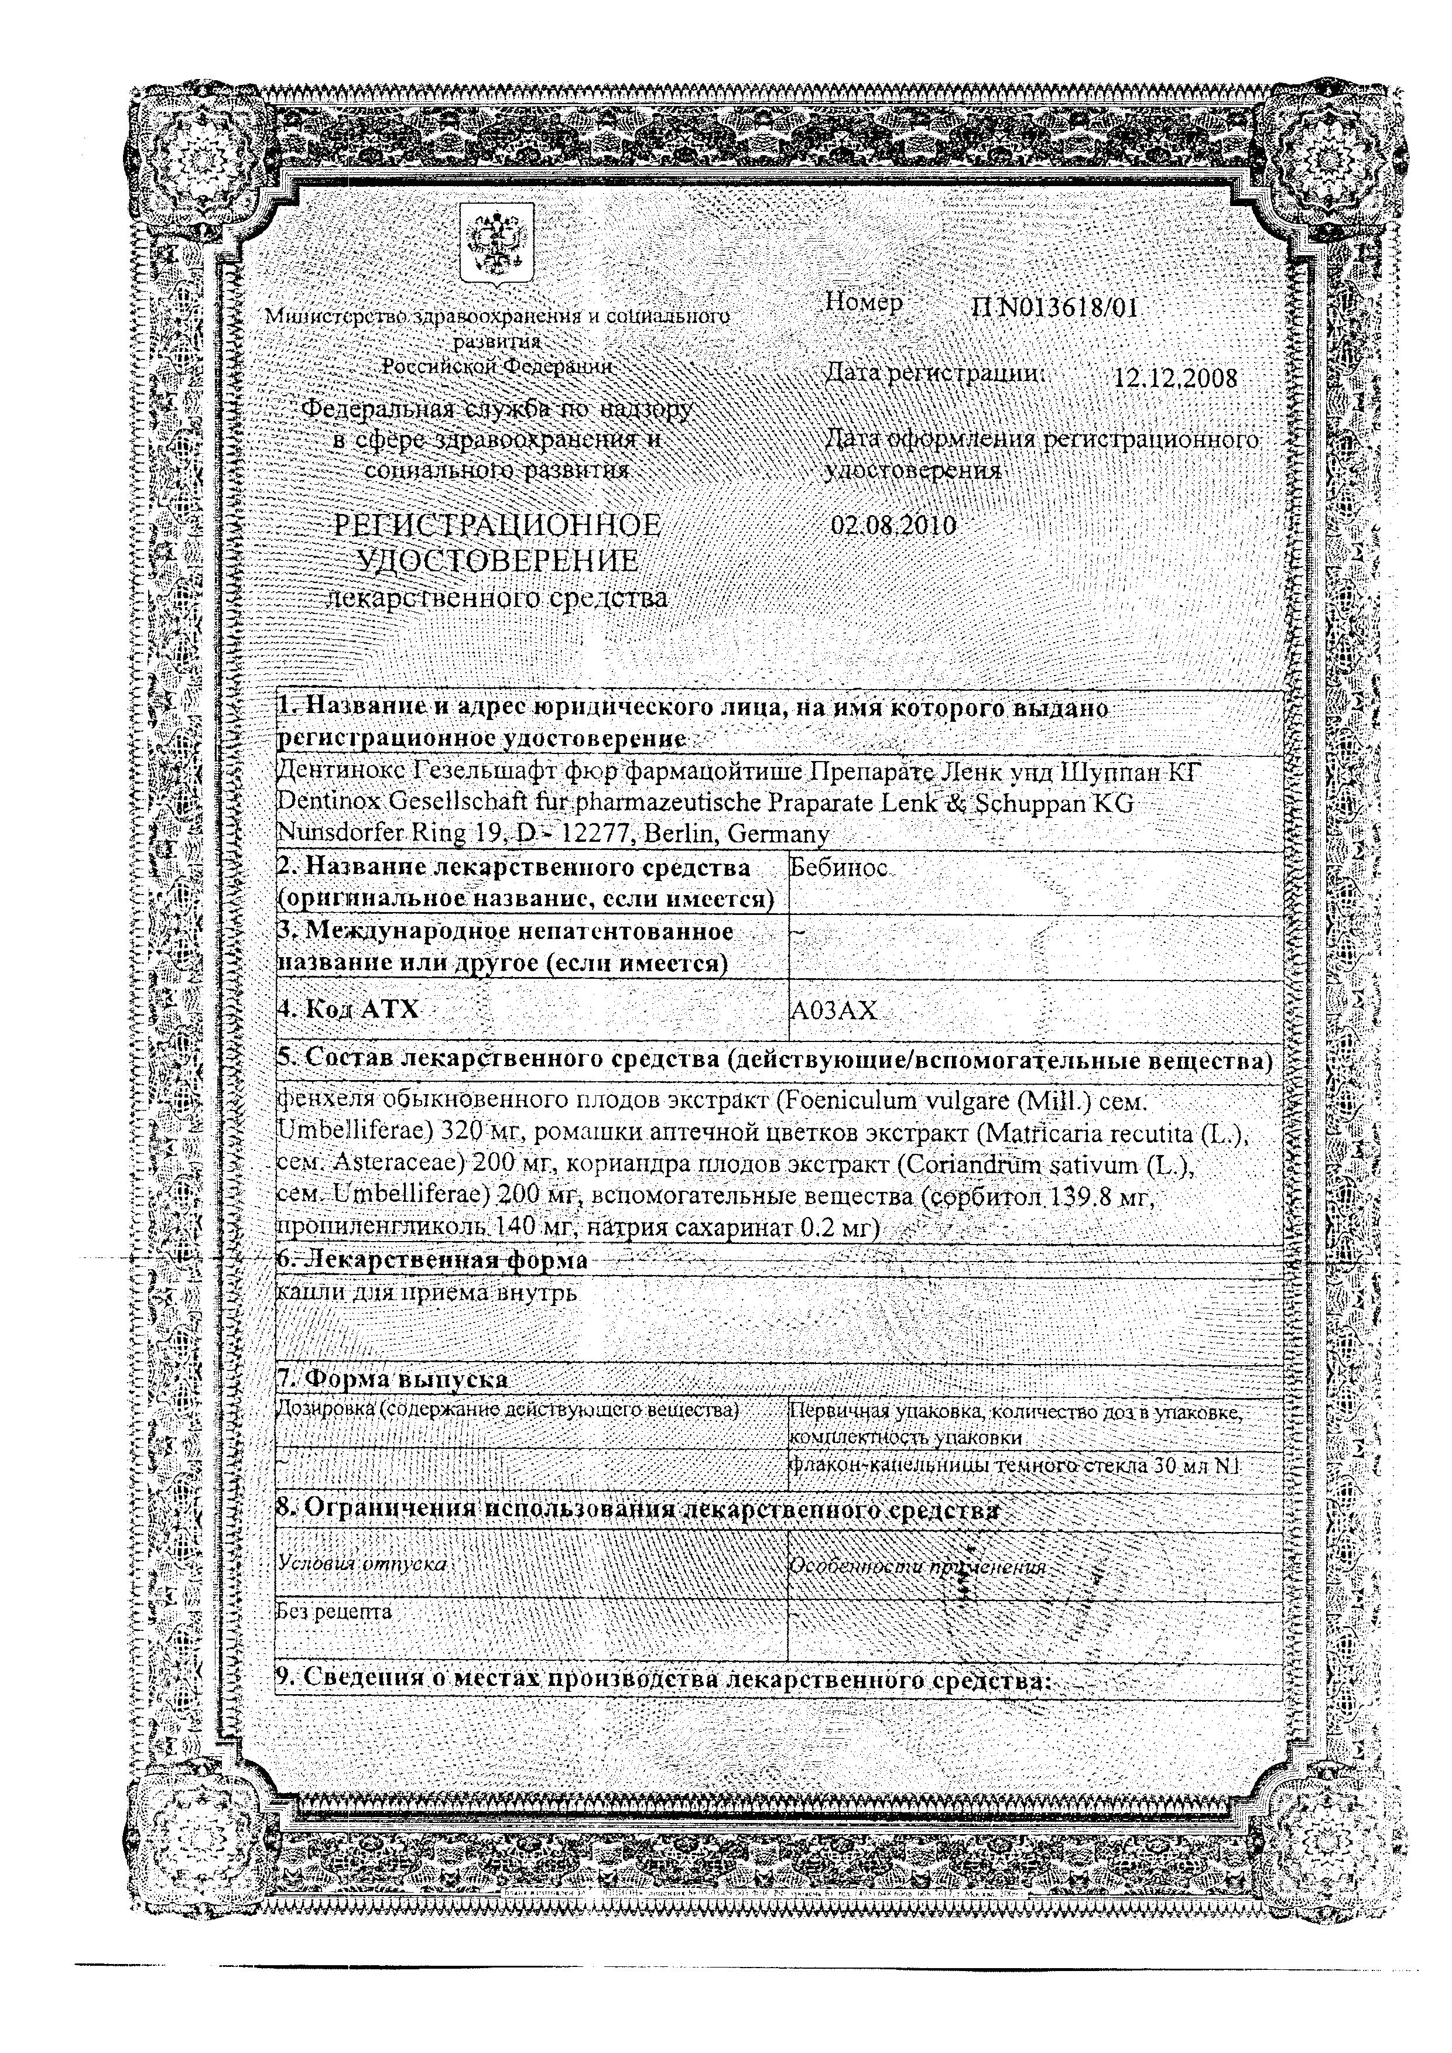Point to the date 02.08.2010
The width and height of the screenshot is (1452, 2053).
click(893, 525)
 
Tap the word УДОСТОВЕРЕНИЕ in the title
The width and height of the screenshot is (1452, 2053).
click(498, 561)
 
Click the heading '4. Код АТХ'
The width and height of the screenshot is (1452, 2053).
click(349, 1009)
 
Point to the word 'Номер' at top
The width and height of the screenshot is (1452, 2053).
click(863, 303)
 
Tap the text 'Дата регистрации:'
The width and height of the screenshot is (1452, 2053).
click(935, 375)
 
